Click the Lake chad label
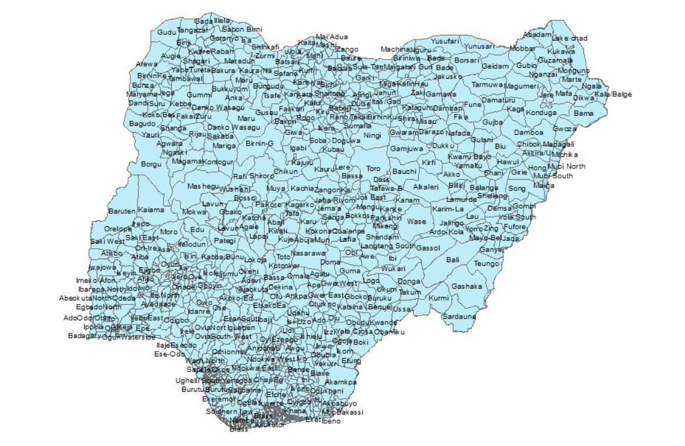(x=570, y=38)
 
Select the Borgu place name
(x=152, y=164)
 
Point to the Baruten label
(x=122, y=210)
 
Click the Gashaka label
(x=467, y=286)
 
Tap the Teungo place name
(x=486, y=263)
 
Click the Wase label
(x=417, y=222)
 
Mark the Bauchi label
(x=404, y=171)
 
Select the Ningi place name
(x=372, y=136)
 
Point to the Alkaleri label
(x=425, y=187)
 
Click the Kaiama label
(x=151, y=210)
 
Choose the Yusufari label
(x=445, y=41)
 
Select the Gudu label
(x=167, y=31)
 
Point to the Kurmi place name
(x=439, y=299)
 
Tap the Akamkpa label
(x=341, y=382)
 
